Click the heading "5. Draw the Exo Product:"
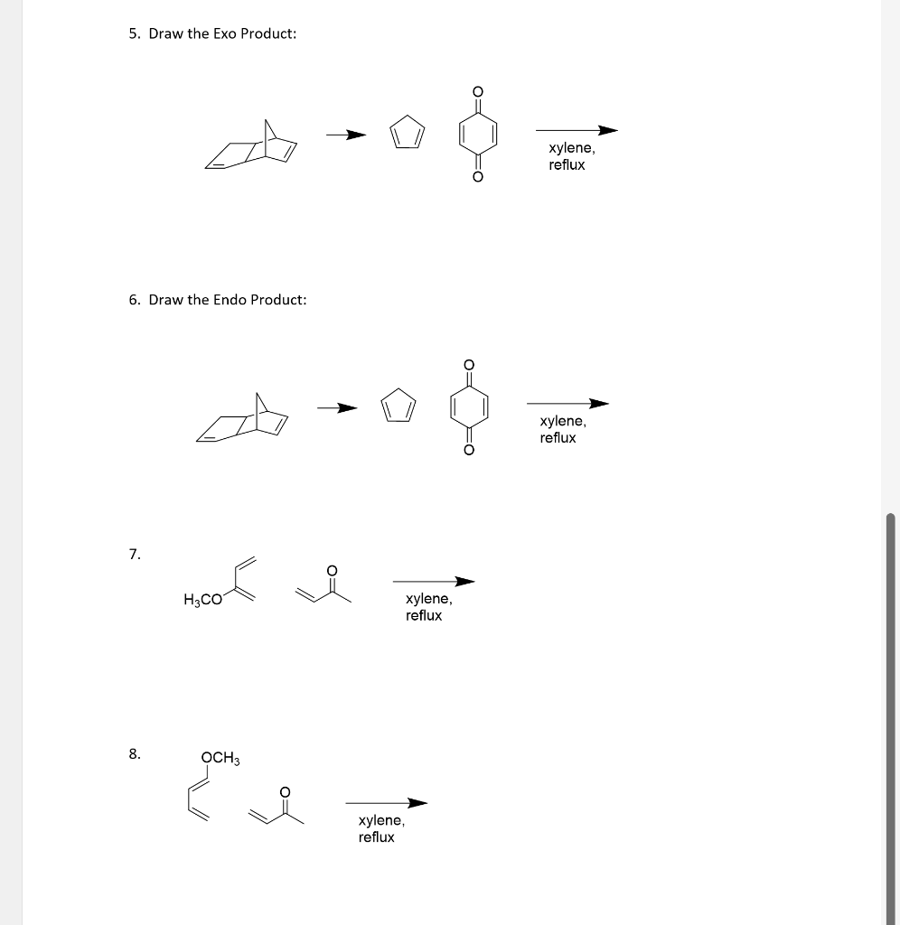point(211,33)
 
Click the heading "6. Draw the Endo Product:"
point(217,299)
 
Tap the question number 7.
point(134,554)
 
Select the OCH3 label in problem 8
point(220,757)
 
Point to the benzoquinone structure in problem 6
point(469,407)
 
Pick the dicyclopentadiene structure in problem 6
point(244,419)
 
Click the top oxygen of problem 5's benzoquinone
point(478,91)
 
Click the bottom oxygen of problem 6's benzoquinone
point(469,451)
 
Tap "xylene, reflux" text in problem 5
point(570,156)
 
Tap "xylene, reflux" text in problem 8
point(380,828)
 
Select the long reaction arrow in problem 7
point(434,582)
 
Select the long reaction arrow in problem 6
point(567,404)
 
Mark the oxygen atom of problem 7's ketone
point(332,570)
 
